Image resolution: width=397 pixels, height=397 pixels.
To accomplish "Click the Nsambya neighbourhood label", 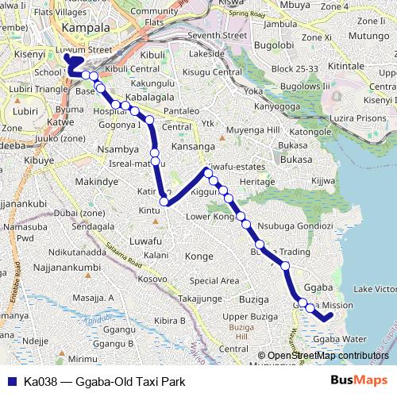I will click(x=117, y=148).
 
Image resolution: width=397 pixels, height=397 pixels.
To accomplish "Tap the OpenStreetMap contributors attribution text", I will click(x=328, y=356).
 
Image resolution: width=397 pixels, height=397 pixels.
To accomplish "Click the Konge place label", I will click(x=198, y=256).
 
